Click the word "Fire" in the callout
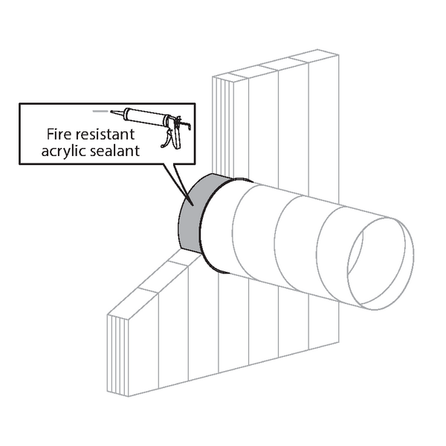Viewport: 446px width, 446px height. click(59, 135)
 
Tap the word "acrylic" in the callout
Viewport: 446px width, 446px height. click(63, 152)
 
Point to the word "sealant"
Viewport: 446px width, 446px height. click(114, 151)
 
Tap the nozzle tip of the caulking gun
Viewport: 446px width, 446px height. click(111, 111)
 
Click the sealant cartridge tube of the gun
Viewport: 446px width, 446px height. click(144, 117)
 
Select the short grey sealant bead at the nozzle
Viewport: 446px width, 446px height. click(100, 111)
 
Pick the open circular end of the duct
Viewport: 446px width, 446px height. click(381, 263)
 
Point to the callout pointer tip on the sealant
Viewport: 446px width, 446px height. click(193, 205)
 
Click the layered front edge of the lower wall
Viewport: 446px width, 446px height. click(117, 355)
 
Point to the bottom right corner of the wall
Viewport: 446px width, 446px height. click(339, 342)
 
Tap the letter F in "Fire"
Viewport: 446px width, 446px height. click(50, 135)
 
